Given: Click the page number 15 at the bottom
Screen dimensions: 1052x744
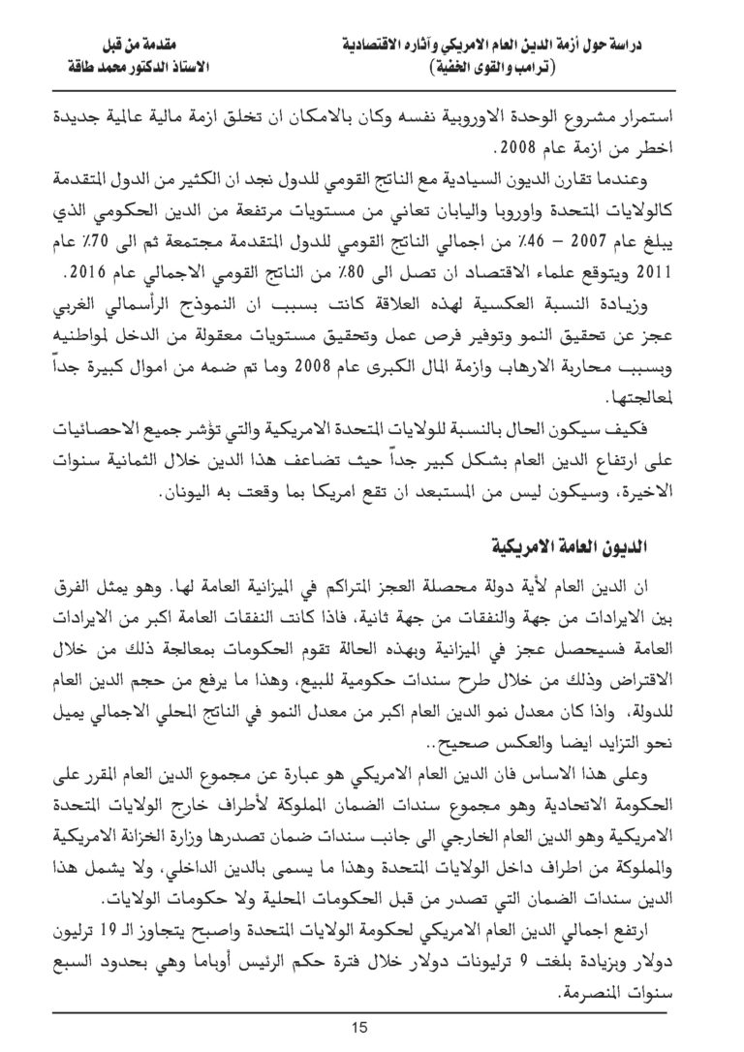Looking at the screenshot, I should tap(372, 1027).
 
